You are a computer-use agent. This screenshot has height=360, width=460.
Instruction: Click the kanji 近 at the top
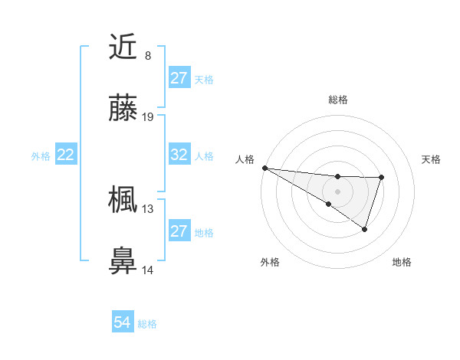[x=123, y=47]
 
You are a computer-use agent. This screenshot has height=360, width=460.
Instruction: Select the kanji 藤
[x=123, y=109]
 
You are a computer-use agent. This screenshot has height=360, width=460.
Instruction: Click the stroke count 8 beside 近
[x=147, y=56]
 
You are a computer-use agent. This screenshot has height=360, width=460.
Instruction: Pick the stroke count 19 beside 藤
[x=148, y=117]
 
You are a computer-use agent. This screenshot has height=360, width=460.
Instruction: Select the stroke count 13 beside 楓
[x=148, y=208]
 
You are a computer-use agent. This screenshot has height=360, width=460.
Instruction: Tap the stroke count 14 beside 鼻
[x=148, y=269]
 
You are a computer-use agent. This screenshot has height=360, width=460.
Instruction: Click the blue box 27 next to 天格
[x=179, y=78]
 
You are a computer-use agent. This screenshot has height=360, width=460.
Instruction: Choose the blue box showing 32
[x=179, y=155]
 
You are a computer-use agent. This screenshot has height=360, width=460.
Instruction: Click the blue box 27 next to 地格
[x=179, y=231]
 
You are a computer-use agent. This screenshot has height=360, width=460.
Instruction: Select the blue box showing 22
[x=66, y=155]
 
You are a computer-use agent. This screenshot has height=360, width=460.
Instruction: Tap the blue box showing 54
[x=123, y=323]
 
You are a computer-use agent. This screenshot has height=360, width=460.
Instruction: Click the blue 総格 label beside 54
[x=147, y=324]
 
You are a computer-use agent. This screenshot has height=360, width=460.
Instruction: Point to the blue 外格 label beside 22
[x=41, y=155]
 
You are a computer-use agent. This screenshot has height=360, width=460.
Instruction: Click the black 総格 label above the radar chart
[x=337, y=100]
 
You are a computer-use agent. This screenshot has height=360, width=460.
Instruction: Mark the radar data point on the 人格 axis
[x=264, y=167]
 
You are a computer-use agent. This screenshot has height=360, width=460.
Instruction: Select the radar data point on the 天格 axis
[x=381, y=178]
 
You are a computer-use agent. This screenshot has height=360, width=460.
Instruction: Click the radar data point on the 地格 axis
[x=365, y=229]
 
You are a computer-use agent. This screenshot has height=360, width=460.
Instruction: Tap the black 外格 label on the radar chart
[x=270, y=262]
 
